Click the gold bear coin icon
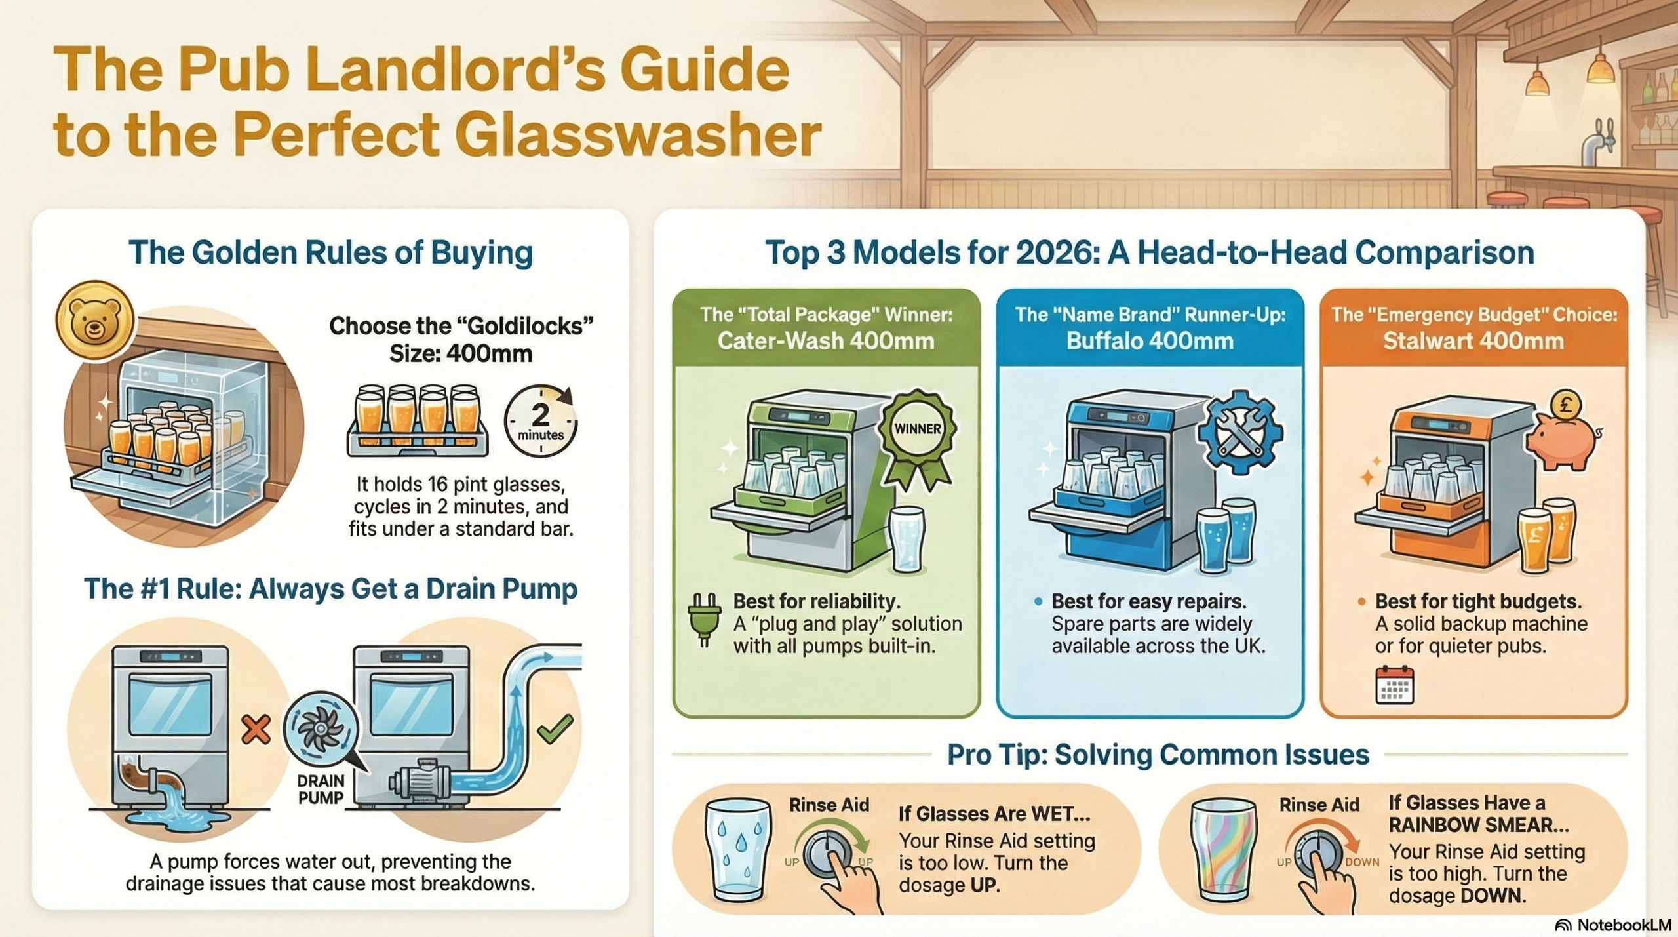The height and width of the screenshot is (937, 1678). click(x=95, y=321)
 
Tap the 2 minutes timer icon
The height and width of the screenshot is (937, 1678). click(x=541, y=421)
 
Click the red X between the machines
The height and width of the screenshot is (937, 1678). click(x=256, y=729)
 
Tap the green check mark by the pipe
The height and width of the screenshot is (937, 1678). click(x=555, y=728)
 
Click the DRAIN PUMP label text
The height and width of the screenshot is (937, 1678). click(x=321, y=789)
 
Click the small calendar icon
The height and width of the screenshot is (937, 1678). click(x=1395, y=685)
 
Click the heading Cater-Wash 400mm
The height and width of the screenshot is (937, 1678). click(x=826, y=341)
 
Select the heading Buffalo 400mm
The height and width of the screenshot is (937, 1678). click(x=1150, y=341)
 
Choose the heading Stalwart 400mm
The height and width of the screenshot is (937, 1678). click(x=1473, y=341)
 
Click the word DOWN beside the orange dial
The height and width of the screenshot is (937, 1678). click(x=1363, y=862)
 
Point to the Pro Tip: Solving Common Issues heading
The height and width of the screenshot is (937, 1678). click(x=1158, y=755)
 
